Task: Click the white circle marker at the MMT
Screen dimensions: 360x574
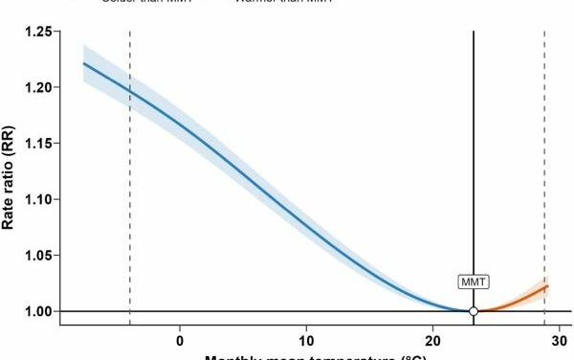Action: [474, 311]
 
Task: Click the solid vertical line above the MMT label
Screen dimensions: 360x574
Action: [474, 144]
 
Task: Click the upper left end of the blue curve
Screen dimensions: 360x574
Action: [84, 64]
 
